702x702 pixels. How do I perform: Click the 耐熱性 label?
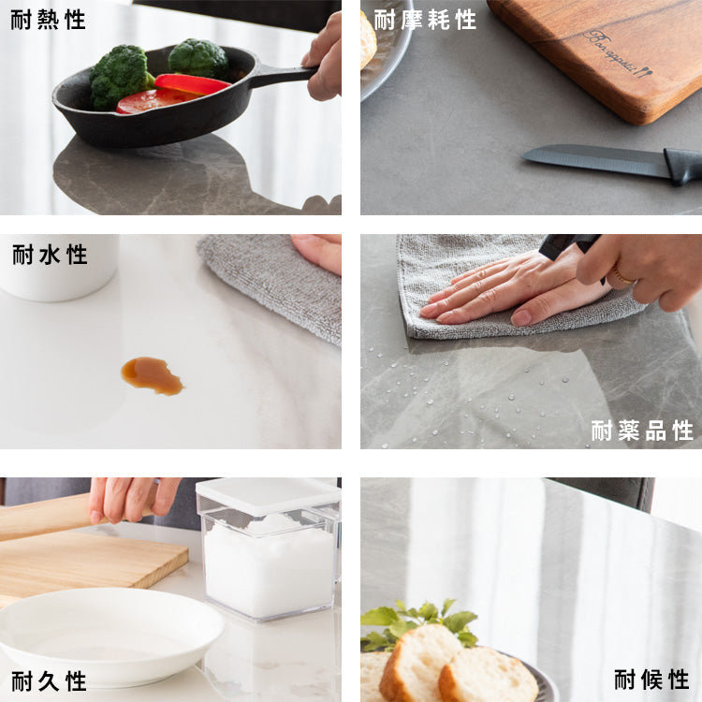pyautogui.click(x=48, y=21)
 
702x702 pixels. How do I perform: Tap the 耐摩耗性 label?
pyautogui.click(x=425, y=21)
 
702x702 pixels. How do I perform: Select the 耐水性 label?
pyautogui.click(x=50, y=255)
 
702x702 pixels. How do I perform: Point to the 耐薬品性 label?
pyautogui.click(x=642, y=431)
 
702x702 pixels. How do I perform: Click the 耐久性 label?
pyautogui.click(x=49, y=681)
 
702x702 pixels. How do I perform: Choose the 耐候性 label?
pyautogui.click(x=651, y=680)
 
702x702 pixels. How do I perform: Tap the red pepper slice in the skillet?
pyautogui.click(x=192, y=83)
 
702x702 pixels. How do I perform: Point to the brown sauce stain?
pyautogui.click(x=152, y=375)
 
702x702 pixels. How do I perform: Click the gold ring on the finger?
pyautogui.click(x=623, y=276)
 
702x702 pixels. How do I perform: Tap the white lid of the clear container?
pyautogui.click(x=269, y=495)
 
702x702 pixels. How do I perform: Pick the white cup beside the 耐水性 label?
pyautogui.click(x=58, y=268)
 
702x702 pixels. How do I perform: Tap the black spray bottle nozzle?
pyautogui.click(x=568, y=247)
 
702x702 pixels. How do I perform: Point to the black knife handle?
pyautogui.click(x=683, y=166)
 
